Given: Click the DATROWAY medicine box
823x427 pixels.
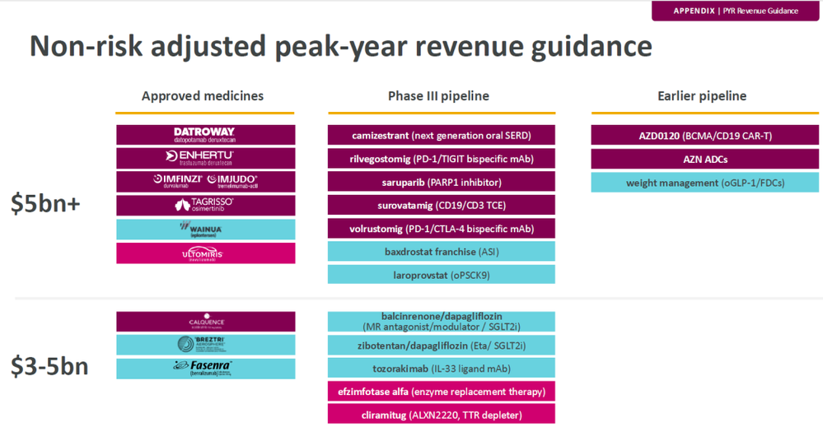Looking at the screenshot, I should click(x=205, y=135).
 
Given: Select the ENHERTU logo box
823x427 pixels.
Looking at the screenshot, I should click(x=205, y=158).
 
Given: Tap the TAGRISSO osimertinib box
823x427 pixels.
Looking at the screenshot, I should click(x=205, y=205).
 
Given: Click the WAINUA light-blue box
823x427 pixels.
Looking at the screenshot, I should click(x=205, y=229).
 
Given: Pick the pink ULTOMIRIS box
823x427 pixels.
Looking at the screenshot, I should click(x=205, y=253).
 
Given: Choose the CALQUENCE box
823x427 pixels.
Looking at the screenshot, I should click(x=205, y=322).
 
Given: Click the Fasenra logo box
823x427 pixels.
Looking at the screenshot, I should click(x=205, y=369).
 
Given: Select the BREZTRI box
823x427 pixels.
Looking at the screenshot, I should click(x=205, y=345).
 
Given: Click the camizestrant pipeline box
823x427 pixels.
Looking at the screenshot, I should click(x=441, y=135).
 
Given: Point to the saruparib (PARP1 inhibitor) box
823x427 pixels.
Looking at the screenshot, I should click(x=441, y=182).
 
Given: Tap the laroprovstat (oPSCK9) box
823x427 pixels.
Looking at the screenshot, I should click(x=441, y=275).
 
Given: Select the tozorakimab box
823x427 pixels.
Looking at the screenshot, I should click(x=441, y=368).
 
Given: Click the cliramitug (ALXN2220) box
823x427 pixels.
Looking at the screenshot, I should click(x=441, y=415).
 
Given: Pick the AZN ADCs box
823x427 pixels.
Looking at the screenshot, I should click(x=705, y=159).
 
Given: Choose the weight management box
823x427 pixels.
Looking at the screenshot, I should click(x=705, y=183).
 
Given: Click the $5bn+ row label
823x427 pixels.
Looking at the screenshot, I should click(x=46, y=203).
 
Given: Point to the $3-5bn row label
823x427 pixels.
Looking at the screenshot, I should click(x=49, y=367).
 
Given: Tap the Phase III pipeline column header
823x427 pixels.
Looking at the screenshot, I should click(x=438, y=96).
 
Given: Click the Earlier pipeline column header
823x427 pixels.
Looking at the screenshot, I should click(x=702, y=96).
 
